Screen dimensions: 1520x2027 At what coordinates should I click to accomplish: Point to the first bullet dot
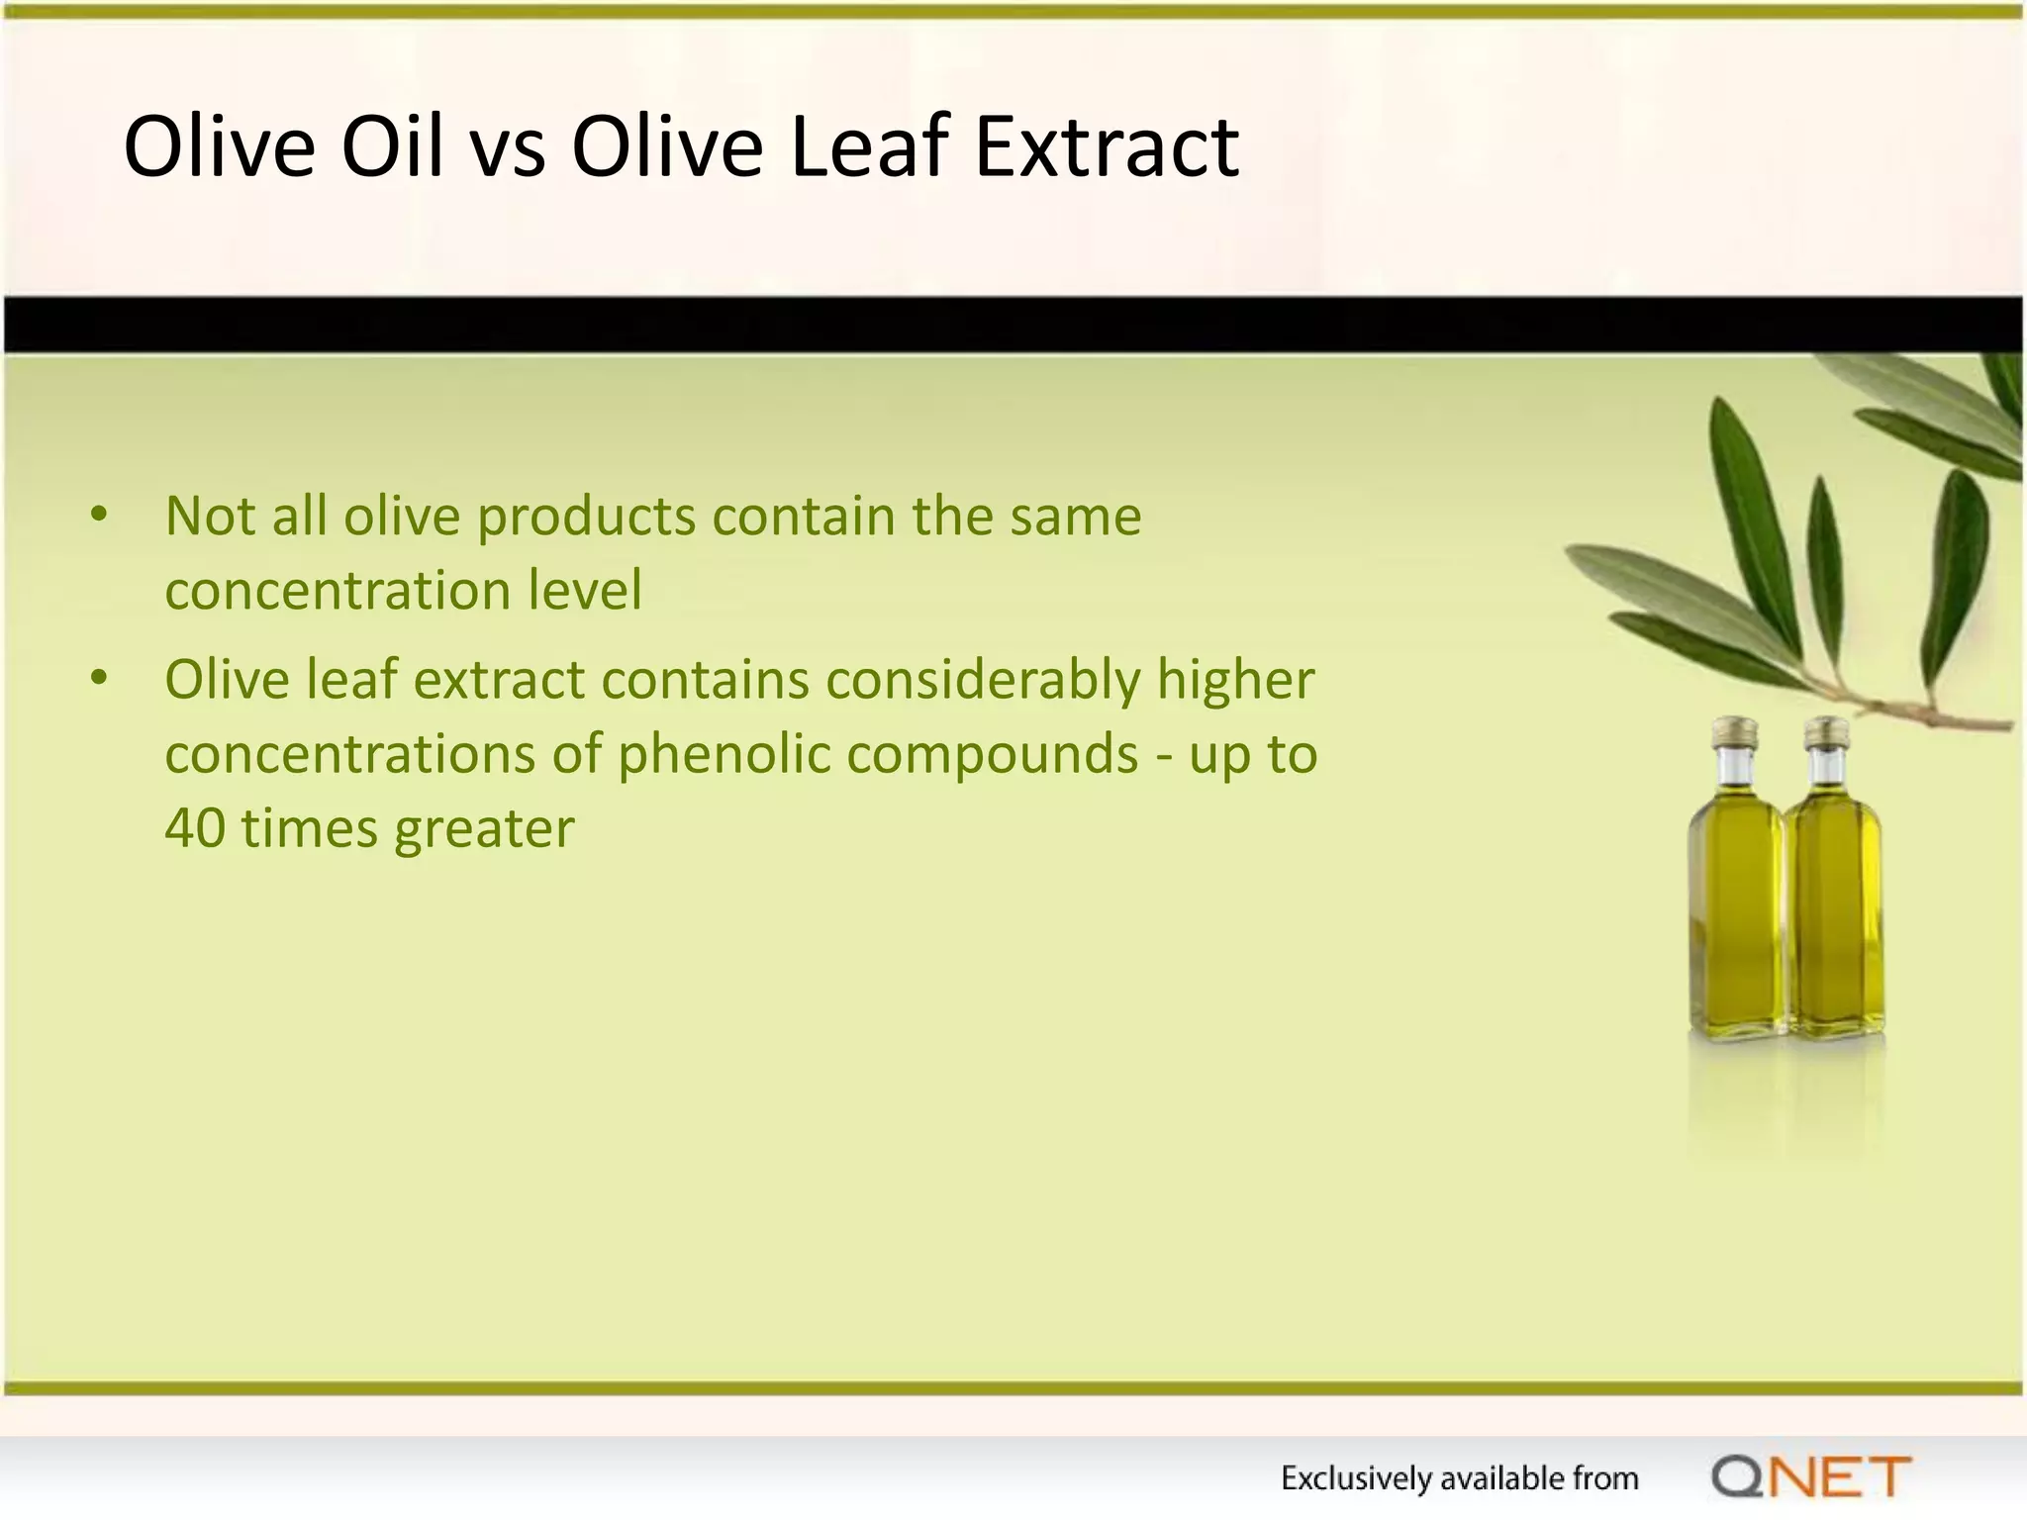pyautogui.click(x=98, y=515)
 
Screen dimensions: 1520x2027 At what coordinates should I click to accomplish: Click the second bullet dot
pyautogui.click(x=98, y=679)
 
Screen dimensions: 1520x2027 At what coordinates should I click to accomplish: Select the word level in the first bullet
pyautogui.click(x=585, y=590)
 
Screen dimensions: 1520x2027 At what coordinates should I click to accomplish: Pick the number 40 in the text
pyautogui.click(x=195, y=828)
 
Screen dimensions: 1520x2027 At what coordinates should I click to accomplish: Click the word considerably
pyautogui.click(x=984, y=681)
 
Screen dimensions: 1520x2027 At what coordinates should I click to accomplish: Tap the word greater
pyautogui.click(x=484, y=830)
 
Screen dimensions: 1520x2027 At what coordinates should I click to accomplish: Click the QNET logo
pyautogui.click(x=1810, y=1477)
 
